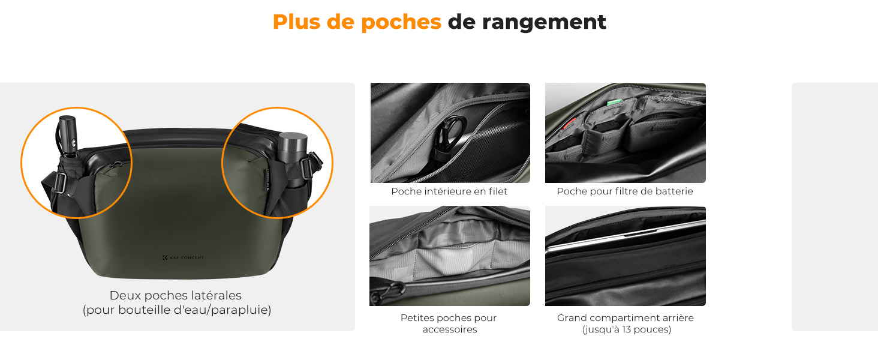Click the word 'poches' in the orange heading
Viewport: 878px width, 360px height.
[401, 22]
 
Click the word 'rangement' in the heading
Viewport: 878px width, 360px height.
[544, 22]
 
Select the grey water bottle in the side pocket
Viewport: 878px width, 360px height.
[293, 157]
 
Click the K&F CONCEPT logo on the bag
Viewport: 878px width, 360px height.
[183, 257]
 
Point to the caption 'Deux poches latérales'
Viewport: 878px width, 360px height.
[175, 295]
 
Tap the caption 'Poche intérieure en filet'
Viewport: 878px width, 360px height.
[449, 191]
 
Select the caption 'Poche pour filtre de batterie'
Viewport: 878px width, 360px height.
[625, 191]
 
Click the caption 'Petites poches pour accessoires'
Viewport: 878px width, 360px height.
[449, 323]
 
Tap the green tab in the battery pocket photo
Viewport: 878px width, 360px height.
[614, 103]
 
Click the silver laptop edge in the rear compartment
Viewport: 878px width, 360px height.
[626, 236]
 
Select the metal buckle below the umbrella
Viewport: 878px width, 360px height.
[60, 183]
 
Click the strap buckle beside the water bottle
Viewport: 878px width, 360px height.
[307, 166]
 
